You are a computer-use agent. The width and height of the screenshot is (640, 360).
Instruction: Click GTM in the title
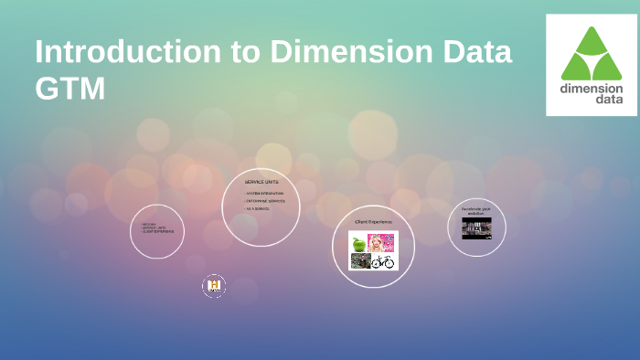(x=70, y=89)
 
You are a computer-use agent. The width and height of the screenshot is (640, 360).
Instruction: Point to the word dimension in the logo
(x=592, y=89)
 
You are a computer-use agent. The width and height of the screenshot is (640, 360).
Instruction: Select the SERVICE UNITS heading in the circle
(x=261, y=182)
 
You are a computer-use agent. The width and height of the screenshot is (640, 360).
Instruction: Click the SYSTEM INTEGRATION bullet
(x=265, y=194)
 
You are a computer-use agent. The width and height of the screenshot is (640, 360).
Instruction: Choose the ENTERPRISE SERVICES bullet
(x=265, y=201)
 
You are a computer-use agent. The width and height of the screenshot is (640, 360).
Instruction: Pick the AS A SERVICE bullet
(x=258, y=209)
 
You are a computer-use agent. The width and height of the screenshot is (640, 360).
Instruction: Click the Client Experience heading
(x=373, y=222)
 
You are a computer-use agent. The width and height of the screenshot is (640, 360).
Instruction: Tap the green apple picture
(x=358, y=244)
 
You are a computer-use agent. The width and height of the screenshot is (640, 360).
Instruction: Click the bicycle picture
(x=383, y=262)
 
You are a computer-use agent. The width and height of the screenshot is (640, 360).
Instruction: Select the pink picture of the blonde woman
(x=382, y=243)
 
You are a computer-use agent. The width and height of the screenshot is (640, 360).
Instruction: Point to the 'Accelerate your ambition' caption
(x=476, y=211)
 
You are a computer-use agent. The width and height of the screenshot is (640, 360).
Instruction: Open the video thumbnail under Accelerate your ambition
(x=476, y=228)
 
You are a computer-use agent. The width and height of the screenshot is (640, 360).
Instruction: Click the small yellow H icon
(x=214, y=287)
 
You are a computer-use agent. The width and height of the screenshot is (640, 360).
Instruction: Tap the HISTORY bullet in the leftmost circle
(x=149, y=224)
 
